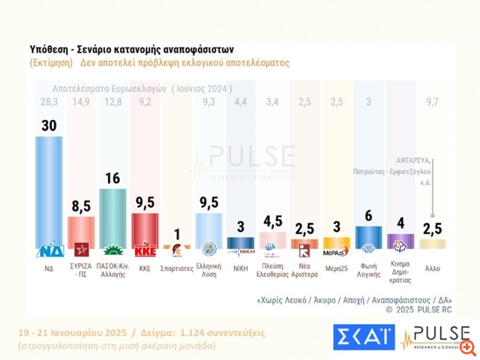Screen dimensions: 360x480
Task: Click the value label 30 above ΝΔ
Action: (49, 125)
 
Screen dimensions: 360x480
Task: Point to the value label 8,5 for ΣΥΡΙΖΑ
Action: (80, 206)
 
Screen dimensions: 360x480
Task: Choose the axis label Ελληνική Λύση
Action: (208, 272)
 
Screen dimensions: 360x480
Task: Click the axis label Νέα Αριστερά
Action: (304, 272)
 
